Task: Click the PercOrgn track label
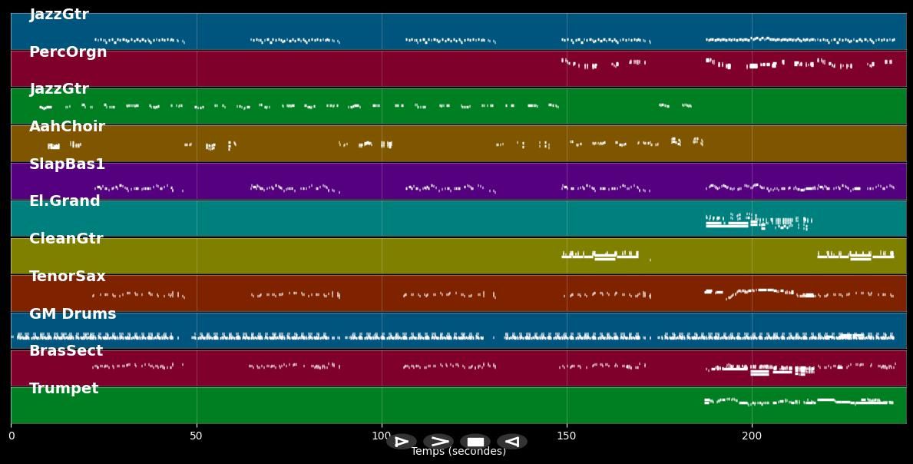click(68, 52)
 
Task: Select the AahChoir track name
click(67, 127)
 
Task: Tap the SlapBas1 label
click(67, 164)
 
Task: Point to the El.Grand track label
click(65, 201)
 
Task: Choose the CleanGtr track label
click(66, 239)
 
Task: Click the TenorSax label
click(68, 277)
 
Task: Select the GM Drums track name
click(72, 314)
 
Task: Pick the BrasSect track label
click(66, 351)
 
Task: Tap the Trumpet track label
click(64, 389)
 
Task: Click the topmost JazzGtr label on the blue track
click(59, 15)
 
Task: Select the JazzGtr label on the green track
click(59, 89)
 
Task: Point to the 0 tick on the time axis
click(11, 436)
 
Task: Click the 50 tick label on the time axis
click(197, 436)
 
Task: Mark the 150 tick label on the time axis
click(567, 436)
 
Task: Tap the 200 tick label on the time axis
click(752, 436)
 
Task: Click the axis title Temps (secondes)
click(458, 452)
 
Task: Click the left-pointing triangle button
click(512, 442)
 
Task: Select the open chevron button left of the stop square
click(438, 442)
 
